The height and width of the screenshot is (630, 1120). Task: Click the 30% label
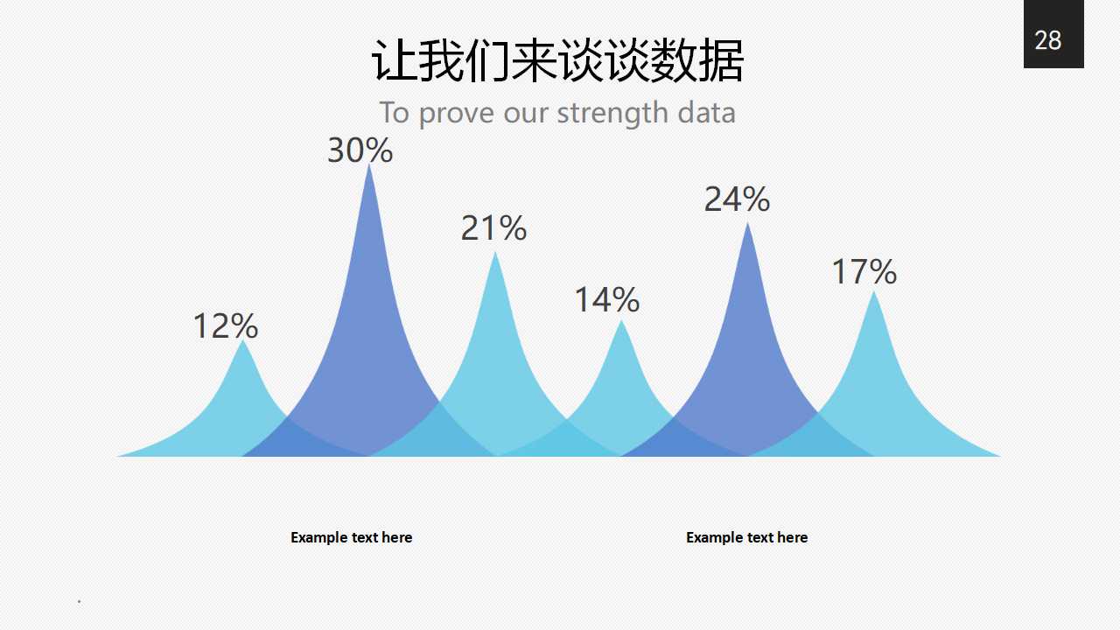(x=360, y=150)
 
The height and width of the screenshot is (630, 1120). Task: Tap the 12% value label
(x=225, y=326)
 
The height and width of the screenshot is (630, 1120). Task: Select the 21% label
(x=493, y=228)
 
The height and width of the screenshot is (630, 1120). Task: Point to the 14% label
(x=606, y=300)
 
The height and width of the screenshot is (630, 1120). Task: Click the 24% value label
(x=737, y=199)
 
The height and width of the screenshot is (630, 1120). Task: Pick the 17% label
(x=864, y=272)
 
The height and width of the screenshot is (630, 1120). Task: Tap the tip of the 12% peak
(x=243, y=342)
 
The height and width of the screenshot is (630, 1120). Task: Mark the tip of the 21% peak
(x=495, y=254)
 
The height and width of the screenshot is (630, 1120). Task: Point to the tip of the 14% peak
(x=622, y=322)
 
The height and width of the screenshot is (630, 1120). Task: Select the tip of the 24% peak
(x=747, y=225)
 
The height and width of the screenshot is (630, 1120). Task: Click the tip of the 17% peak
(x=874, y=293)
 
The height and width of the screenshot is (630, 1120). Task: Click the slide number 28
(x=1048, y=40)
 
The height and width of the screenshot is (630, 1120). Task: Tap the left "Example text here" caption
(x=351, y=537)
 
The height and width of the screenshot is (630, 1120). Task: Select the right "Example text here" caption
(x=746, y=537)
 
